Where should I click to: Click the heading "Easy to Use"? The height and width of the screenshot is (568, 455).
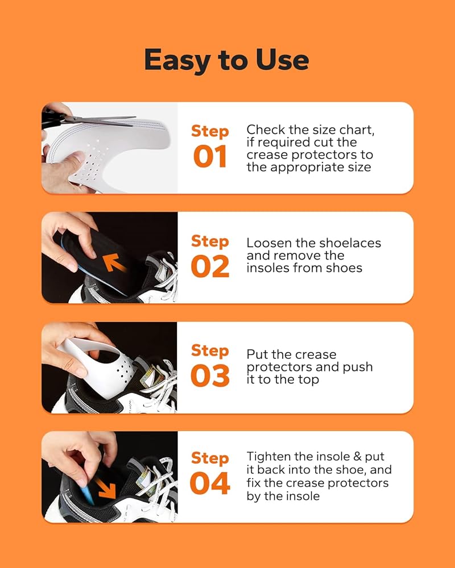[227, 60]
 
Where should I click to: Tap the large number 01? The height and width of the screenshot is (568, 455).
[210, 157]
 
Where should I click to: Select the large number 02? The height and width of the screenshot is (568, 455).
[210, 266]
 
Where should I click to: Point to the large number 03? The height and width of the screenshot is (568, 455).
[210, 375]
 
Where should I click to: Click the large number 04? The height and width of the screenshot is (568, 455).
[210, 483]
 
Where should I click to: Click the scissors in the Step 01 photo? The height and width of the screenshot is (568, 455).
[87, 119]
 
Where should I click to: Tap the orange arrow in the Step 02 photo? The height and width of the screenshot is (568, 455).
[114, 262]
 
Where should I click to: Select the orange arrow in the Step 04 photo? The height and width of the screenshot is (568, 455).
[106, 488]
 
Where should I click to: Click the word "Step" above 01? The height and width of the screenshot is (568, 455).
[210, 132]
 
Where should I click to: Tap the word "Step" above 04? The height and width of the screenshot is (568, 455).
[210, 458]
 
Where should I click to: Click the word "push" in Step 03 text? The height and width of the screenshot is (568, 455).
[358, 367]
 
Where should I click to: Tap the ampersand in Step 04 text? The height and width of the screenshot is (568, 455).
[357, 457]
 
